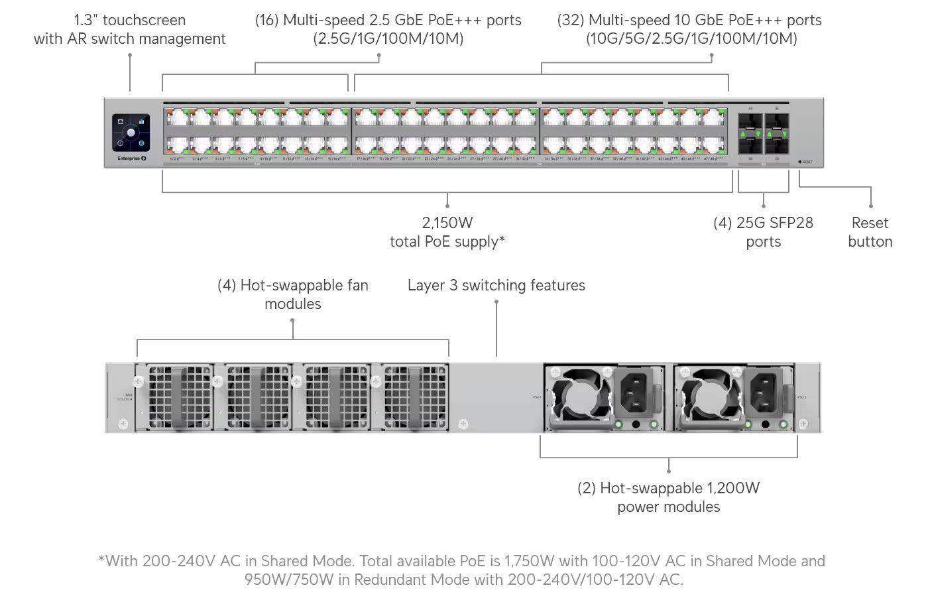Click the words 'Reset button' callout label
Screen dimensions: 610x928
[870, 232]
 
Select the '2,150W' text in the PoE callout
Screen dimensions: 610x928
[447, 223]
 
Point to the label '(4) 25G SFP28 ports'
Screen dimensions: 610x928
[763, 232]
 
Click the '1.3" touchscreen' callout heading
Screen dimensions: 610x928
[130, 20]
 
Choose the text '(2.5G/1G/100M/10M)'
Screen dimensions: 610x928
[388, 38]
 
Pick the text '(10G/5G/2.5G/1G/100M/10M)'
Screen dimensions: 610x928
[691, 38]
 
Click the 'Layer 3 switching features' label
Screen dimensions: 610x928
[496, 285]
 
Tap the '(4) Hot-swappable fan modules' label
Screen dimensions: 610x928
[292, 294]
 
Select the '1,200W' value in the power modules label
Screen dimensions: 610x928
[733, 489]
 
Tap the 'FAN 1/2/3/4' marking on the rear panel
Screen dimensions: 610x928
[125, 397]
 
